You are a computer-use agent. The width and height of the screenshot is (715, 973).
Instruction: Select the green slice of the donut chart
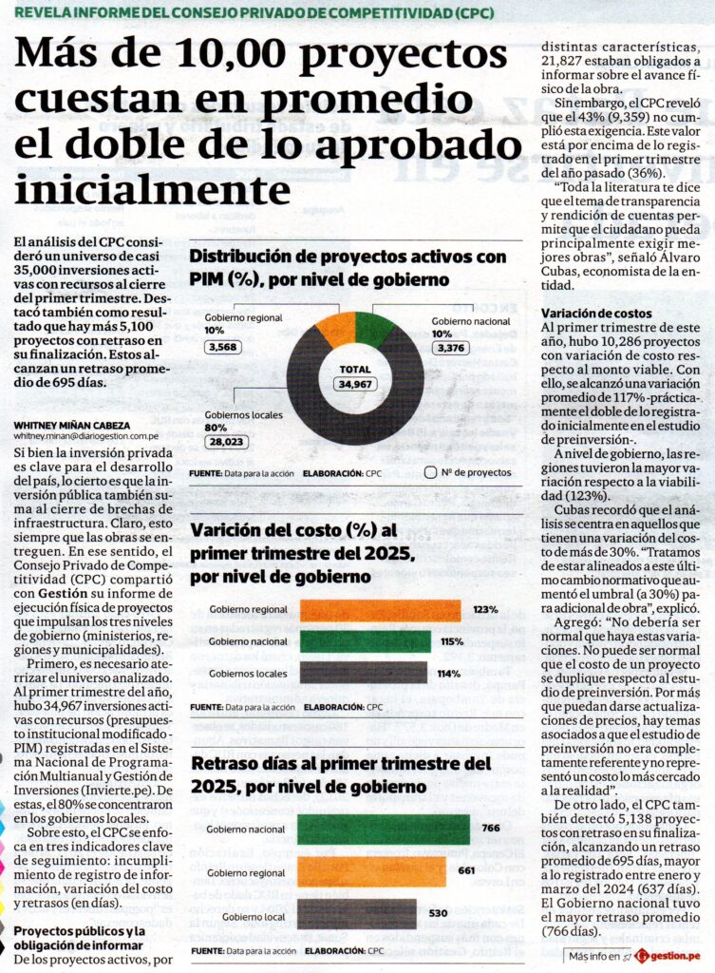[374, 328]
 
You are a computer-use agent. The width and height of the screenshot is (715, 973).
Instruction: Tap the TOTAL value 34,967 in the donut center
[355, 384]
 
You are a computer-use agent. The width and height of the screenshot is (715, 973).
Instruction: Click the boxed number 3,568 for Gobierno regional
[222, 347]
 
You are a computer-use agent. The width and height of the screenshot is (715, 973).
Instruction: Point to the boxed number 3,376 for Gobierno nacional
[451, 348]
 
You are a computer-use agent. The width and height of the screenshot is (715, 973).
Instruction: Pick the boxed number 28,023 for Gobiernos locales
[227, 442]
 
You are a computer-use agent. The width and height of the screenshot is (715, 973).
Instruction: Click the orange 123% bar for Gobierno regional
[380, 609]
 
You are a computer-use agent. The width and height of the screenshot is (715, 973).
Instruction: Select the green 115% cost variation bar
[366, 641]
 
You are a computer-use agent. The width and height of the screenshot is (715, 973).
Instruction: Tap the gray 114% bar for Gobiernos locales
[364, 674]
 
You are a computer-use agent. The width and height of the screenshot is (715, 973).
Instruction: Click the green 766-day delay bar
[384, 829]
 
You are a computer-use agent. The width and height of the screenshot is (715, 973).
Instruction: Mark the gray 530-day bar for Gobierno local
[357, 914]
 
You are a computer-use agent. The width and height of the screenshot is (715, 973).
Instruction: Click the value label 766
[491, 828]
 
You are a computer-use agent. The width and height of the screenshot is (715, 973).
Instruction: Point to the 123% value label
[485, 609]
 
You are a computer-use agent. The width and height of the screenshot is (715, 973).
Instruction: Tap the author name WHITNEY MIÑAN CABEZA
[72, 426]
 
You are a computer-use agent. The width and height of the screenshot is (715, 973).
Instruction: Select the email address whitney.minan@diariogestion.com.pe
[86, 436]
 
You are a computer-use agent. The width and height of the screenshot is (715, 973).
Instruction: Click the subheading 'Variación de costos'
[596, 314]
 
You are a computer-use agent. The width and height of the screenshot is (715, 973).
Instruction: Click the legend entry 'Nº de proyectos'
[469, 473]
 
